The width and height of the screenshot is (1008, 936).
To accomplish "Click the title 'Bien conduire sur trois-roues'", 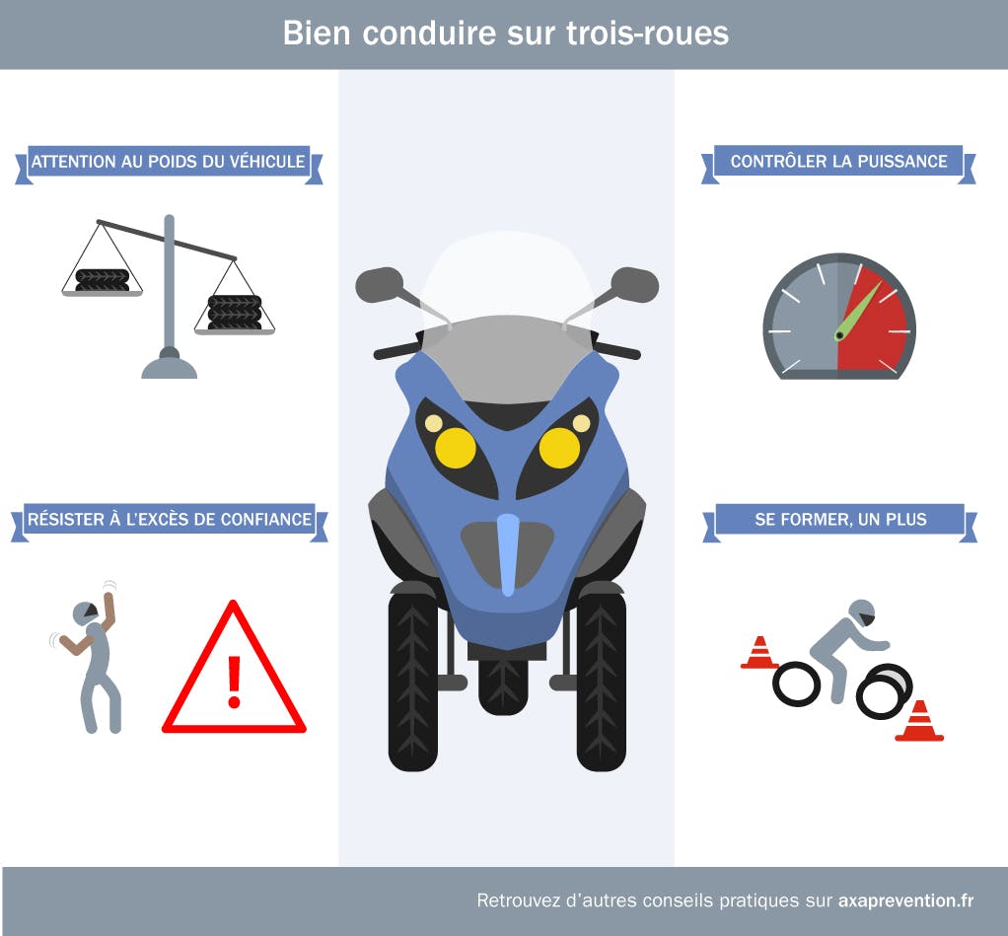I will coord(505,33).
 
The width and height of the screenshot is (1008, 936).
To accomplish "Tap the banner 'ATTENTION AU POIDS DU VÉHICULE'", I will coord(168,162).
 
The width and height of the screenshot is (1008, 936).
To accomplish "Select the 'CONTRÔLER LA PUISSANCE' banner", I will coord(838,162).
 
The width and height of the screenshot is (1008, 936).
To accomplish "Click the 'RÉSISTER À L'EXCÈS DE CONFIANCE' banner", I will coord(169,520).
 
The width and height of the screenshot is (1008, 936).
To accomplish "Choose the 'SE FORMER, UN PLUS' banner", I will coord(840,519).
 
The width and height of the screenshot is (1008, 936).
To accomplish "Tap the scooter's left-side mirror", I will coord(380,284).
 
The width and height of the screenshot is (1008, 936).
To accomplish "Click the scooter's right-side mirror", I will coord(634,284).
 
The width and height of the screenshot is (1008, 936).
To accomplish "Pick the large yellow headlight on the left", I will coord(456,448).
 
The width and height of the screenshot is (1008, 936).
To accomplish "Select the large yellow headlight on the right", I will coord(559,448).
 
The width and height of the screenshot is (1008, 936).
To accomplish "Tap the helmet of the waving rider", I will coord(86,613).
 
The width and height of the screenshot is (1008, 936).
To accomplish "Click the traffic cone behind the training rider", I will coord(759,653).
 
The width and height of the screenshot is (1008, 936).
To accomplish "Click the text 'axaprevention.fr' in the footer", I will coord(905,900).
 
